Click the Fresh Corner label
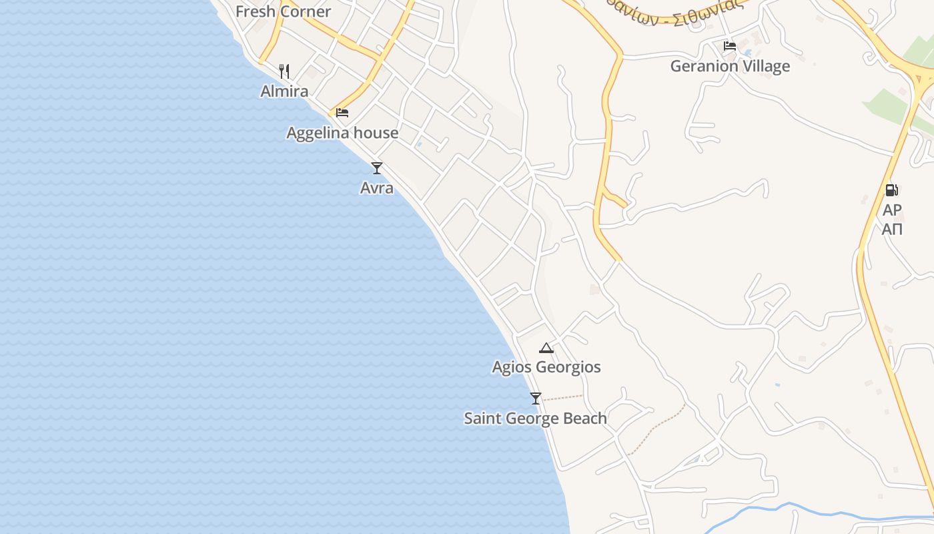[283, 11]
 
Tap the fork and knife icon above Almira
[284, 71]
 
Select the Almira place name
[284, 91]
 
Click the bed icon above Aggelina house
[342, 112]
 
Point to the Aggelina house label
[342, 133]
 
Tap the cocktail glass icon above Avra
[377, 168]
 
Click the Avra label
[377, 188]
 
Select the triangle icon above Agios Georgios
[546, 347]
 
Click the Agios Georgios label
[546, 367]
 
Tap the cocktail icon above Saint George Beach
[535, 398]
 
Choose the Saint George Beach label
[535, 419]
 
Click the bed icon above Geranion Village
[730, 46]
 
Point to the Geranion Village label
[730, 66]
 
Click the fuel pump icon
[892, 190]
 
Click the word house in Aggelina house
[376, 133]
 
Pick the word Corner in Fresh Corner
[306, 11]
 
